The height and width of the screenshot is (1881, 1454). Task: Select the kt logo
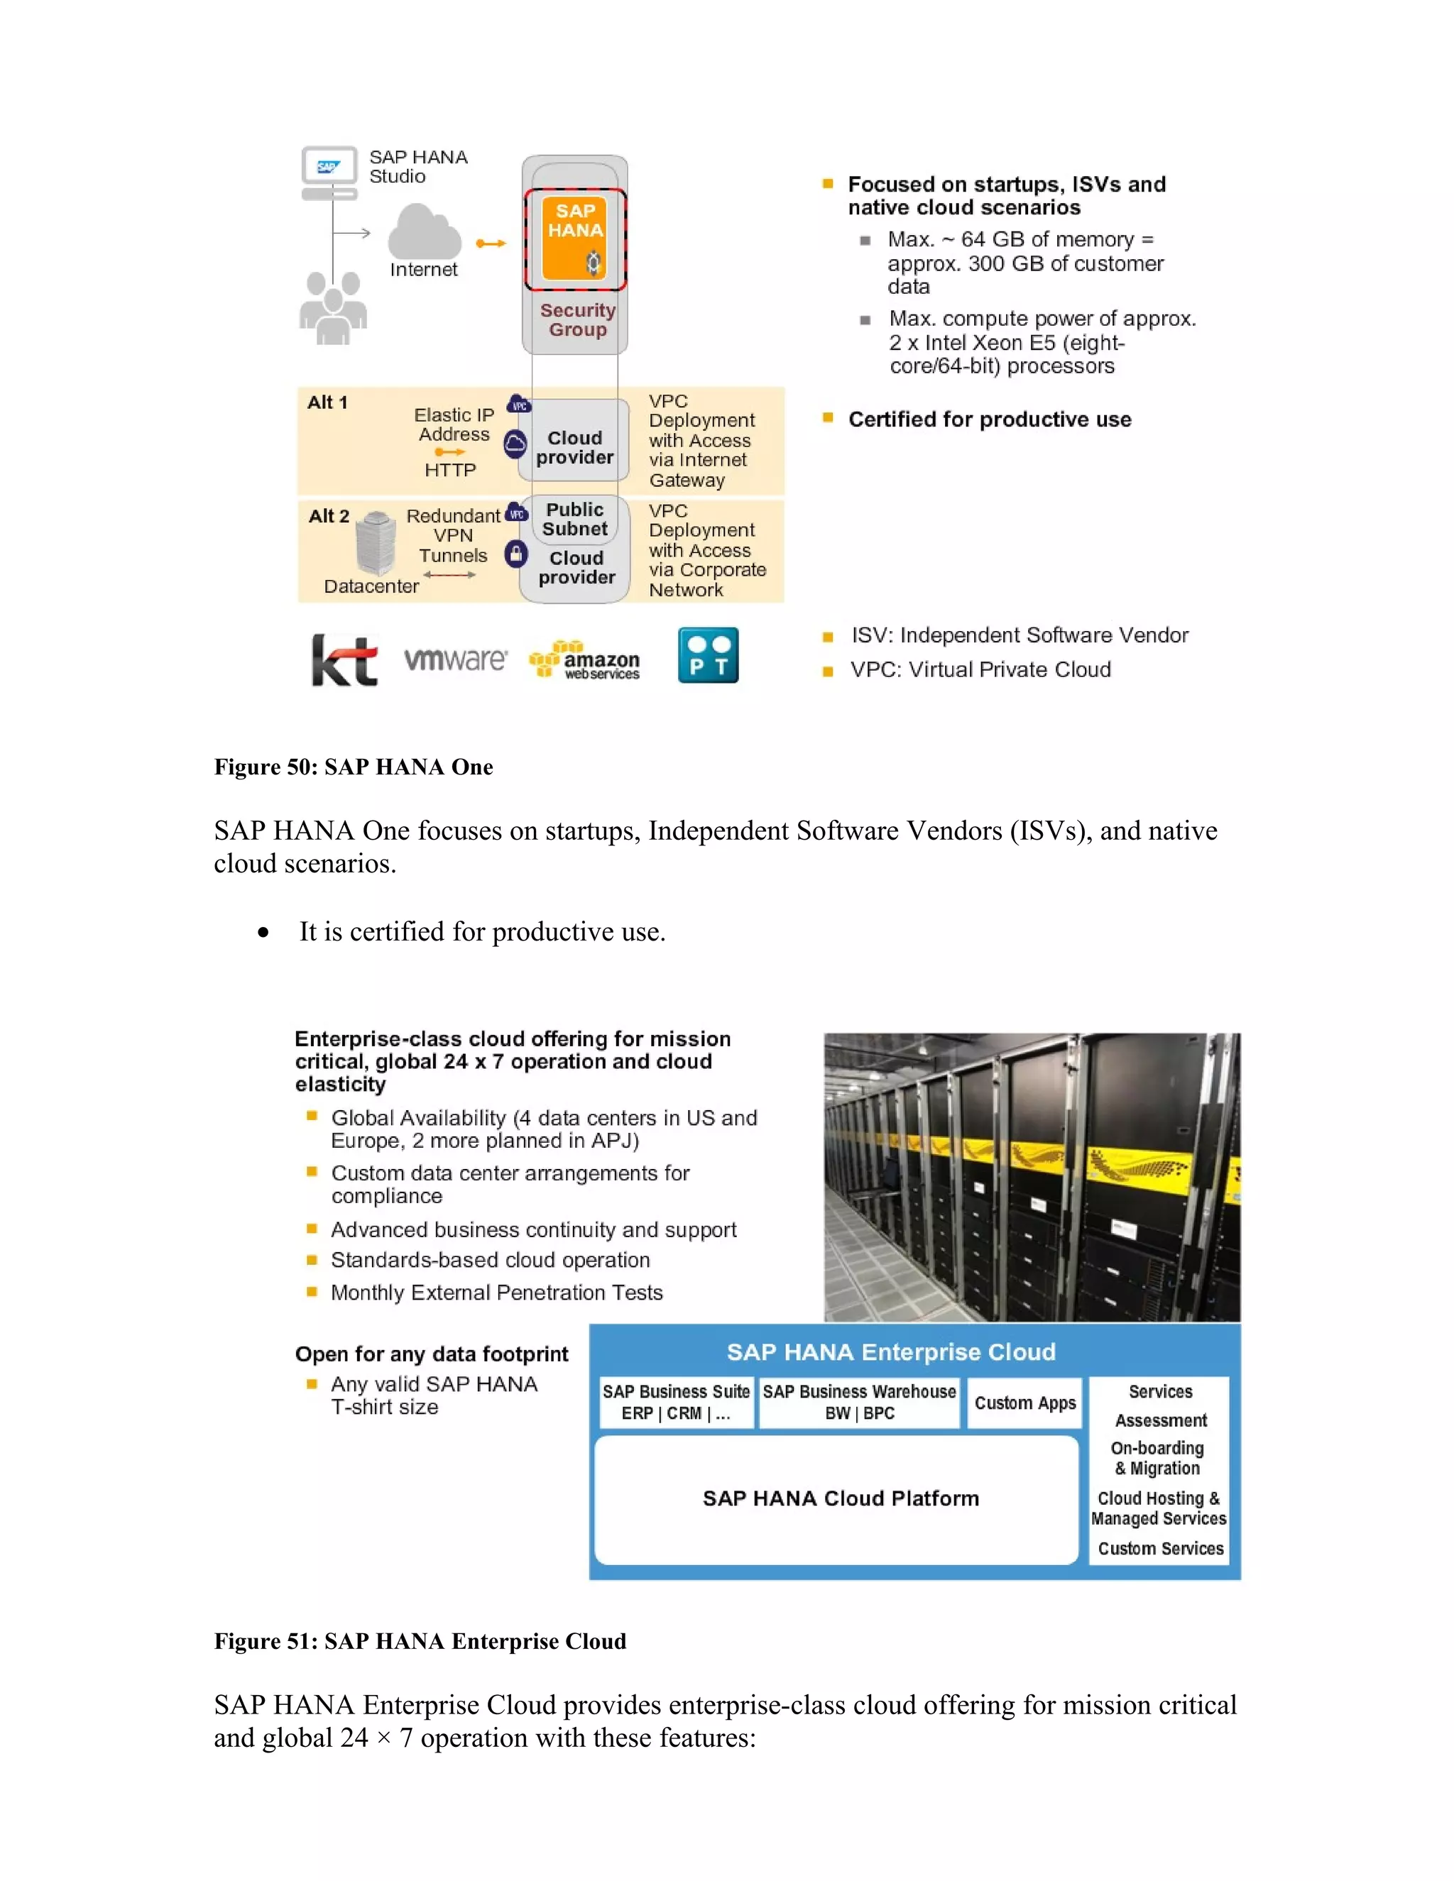tap(344, 661)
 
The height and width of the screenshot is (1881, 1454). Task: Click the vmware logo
tap(456, 659)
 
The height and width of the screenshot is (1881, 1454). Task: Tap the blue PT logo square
tap(708, 655)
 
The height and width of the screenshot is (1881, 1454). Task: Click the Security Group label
tap(577, 319)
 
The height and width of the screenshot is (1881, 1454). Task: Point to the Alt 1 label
tap(327, 402)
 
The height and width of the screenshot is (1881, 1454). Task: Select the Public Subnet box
tap(574, 520)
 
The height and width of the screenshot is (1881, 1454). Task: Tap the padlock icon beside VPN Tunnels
tap(515, 554)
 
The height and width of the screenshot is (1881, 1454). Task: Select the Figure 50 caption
tap(353, 767)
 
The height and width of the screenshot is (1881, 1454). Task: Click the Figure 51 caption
tap(420, 1640)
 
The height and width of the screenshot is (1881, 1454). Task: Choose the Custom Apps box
tap(1025, 1403)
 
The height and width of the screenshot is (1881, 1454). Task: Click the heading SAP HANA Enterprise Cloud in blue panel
tap(891, 1352)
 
